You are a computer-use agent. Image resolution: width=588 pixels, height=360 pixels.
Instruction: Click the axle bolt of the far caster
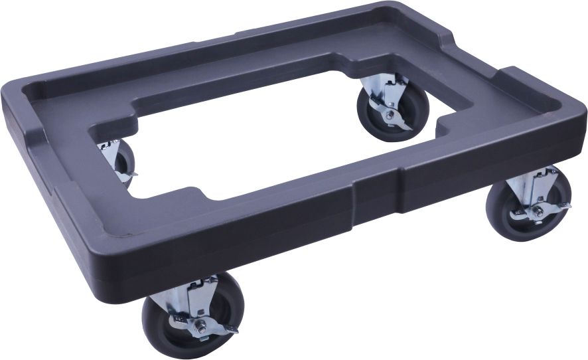pyautogui.click(x=387, y=114)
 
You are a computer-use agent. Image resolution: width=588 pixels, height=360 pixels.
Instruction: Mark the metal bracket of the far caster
pyautogui.click(x=392, y=90)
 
